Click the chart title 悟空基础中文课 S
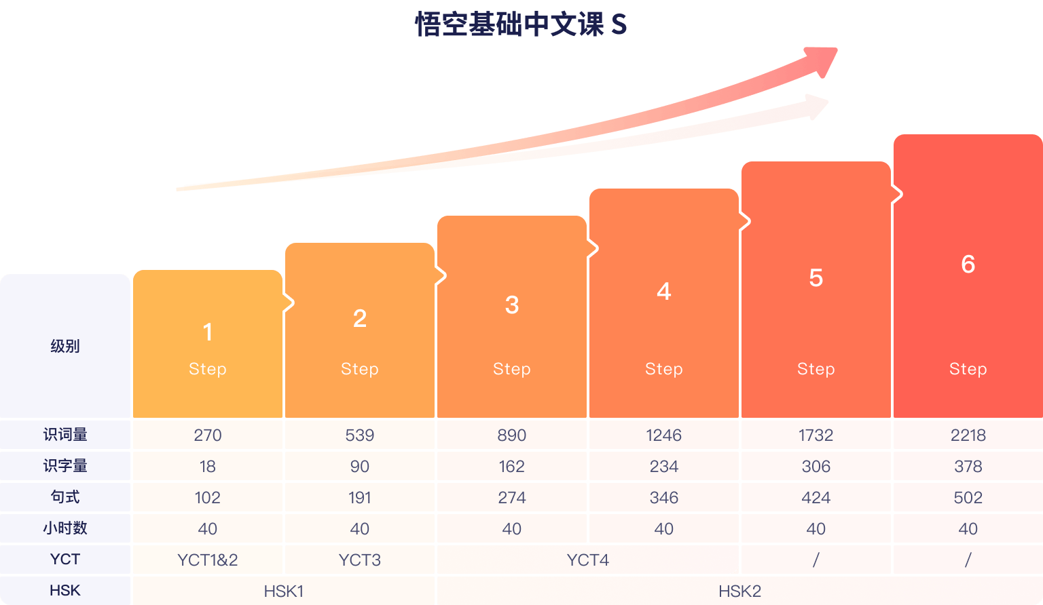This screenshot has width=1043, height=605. click(521, 25)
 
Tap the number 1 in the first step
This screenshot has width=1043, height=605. click(208, 332)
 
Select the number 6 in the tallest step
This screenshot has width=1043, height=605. click(968, 264)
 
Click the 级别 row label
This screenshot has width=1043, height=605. click(65, 347)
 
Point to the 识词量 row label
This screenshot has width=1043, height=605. click(65, 435)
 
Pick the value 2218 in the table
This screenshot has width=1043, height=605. click(968, 435)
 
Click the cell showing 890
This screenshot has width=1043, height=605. click(512, 435)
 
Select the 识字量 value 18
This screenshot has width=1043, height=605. click(208, 466)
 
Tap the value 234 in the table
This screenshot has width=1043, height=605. click(664, 466)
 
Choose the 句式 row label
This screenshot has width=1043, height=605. click(65, 497)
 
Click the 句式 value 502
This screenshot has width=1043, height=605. click(968, 497)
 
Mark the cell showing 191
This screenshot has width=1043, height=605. click(360, 497)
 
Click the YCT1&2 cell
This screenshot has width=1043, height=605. click(208, 560)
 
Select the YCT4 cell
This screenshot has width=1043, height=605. click(588, 560)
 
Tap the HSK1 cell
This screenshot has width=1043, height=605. click(284, 591)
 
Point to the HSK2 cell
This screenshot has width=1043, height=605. click(740, 591)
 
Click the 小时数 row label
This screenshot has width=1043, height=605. click(65, 528)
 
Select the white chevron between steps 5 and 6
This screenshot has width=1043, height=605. click(898, 195)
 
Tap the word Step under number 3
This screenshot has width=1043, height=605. click(512, 369)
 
